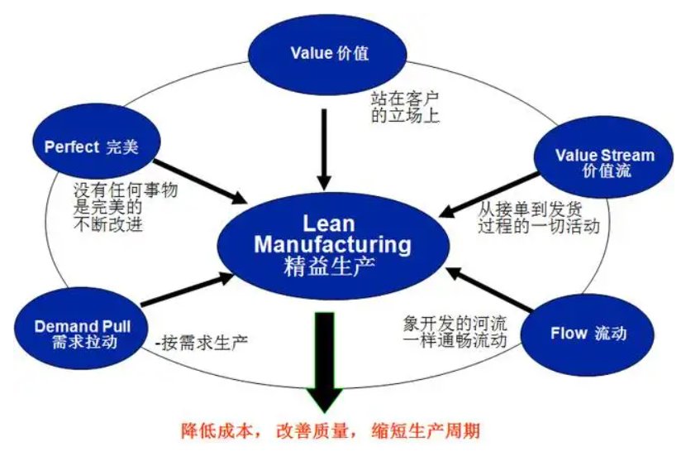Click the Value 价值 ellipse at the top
point(329,54)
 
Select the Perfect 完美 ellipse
point(91,147)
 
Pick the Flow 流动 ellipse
point(588,334)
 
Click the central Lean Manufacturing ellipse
point(332,245)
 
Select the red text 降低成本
point(213,430)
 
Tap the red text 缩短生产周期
point(431,430)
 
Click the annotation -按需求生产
point(202,340)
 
